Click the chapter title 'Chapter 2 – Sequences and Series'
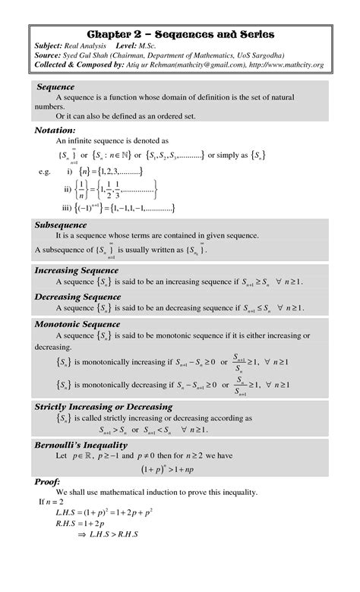pos(180,35)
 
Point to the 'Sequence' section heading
pos(55,87)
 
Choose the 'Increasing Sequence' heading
pos(77,270)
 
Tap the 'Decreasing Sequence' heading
pos(78,296)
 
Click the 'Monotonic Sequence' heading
pos(77,324)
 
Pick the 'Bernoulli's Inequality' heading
pos(81,444)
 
